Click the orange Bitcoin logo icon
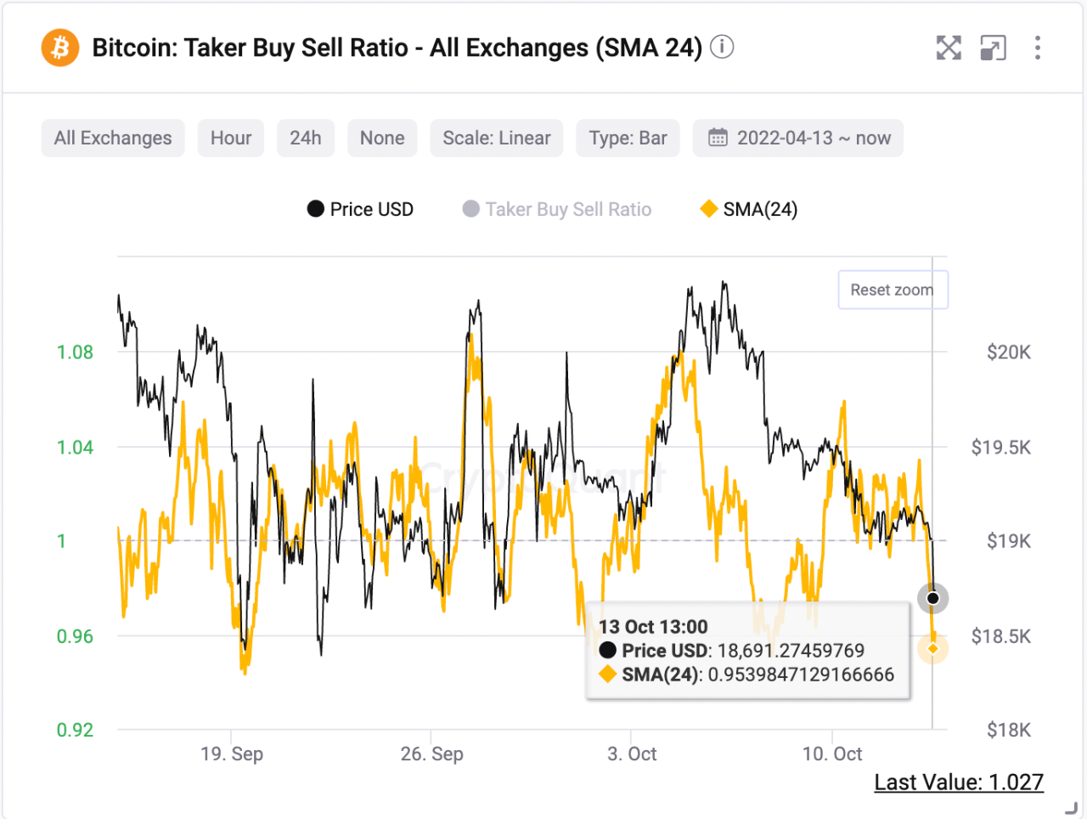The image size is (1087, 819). pos(60,48)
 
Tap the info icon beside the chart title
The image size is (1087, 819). pos(722,47)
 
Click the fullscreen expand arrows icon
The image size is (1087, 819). pos(949,48)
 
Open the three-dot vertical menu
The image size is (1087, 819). pos(1037,48)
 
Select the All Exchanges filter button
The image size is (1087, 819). pos(113,138)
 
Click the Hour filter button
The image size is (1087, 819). pos(231,138)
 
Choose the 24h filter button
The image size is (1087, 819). pos(306,138)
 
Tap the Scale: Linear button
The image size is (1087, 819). pos(497,138)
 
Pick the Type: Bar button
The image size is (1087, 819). pos(628,138)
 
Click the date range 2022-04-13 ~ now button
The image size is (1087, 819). pos(798,138)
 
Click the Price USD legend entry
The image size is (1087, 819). pos(361,209)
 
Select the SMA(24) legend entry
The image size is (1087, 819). pos(749,209)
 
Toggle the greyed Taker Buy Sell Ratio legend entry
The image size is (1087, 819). pos(558,209)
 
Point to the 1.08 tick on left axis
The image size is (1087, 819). pos(75,353)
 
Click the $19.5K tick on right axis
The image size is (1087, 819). pos(1000,448)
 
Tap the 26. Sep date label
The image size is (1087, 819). pos(431,754)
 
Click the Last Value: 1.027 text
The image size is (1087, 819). pos(959,782)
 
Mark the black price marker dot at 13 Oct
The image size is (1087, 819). pos(932,598)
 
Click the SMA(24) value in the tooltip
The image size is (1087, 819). pos(801,675)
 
